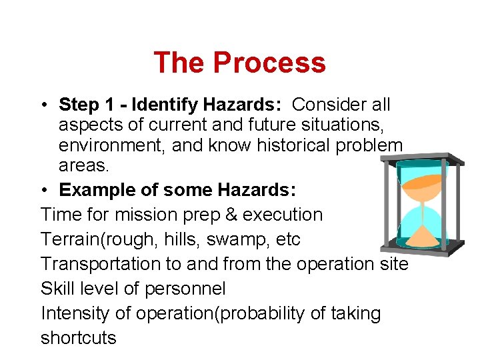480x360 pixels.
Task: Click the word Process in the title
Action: pos(269,63)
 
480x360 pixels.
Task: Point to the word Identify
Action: pos(165,105)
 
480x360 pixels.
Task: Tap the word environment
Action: pos(110,146)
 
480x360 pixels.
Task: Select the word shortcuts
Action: pos(78,338)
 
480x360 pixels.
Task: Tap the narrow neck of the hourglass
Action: pos(423,204)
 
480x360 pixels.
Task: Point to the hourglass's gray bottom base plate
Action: pos(421,252)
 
